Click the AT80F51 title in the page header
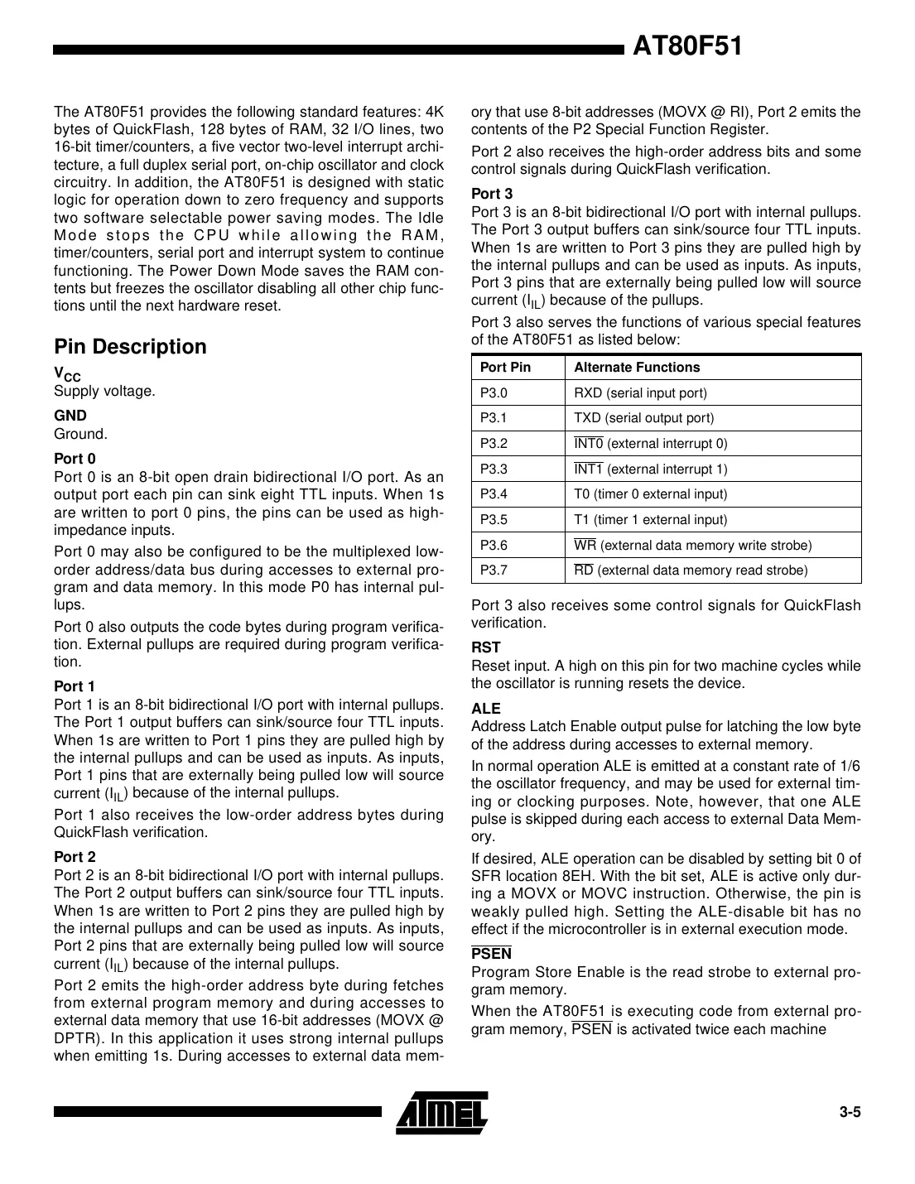(686, 47)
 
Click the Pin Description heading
(130, 347)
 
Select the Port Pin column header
(505, 368)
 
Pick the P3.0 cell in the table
(494, 393)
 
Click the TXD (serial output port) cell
(643, 418)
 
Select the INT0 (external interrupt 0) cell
(651, 444)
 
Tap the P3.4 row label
(494, 494)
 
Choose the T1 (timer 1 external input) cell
(650, 520)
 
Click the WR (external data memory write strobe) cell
(692, 546)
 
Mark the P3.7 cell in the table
(494, 570)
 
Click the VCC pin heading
(67, 374)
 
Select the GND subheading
(70, 416)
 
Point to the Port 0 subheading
(75, 459)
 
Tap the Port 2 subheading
(75, 857)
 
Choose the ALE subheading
(485, 709)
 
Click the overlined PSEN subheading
(491, 954)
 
